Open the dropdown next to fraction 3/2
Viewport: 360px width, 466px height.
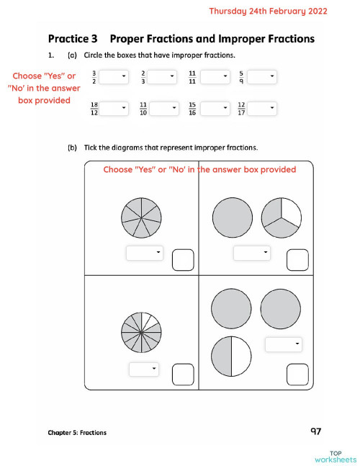point(113,76)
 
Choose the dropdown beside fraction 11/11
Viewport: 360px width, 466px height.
point(215,76)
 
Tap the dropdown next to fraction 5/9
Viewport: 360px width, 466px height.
point(262,76)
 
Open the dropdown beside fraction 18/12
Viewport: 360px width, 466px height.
point(113,108)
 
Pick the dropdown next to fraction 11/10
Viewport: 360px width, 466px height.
point(163,108)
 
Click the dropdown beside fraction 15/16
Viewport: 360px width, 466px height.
point(215,108)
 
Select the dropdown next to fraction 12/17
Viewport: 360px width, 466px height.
point(262,108)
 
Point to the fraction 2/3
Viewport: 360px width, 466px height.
point(144,76)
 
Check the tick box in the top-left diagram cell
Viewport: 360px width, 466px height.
point(182,260)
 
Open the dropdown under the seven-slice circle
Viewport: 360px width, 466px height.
point(145,253)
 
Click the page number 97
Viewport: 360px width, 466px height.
point(315,431)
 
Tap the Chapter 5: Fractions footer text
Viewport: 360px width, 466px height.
point(77,433)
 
